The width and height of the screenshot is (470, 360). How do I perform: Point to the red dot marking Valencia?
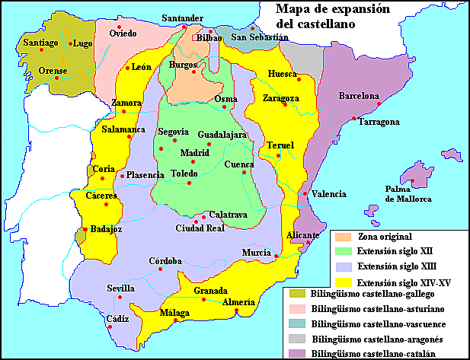click(305, 193)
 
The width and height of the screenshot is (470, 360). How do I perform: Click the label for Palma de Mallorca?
click(408, 193)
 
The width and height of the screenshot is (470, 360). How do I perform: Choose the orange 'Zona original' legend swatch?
click(344, 237)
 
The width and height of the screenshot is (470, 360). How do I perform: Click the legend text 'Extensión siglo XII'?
click(399, 251)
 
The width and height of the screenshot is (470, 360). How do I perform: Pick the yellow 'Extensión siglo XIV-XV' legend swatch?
click(344, 282)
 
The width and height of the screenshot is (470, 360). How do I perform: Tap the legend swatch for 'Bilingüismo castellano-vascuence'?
click(297, 324)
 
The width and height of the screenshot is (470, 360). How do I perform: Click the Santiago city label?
click(40, 43)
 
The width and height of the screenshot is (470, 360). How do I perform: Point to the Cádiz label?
click(117, 318)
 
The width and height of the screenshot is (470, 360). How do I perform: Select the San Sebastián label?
click(261, 37)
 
